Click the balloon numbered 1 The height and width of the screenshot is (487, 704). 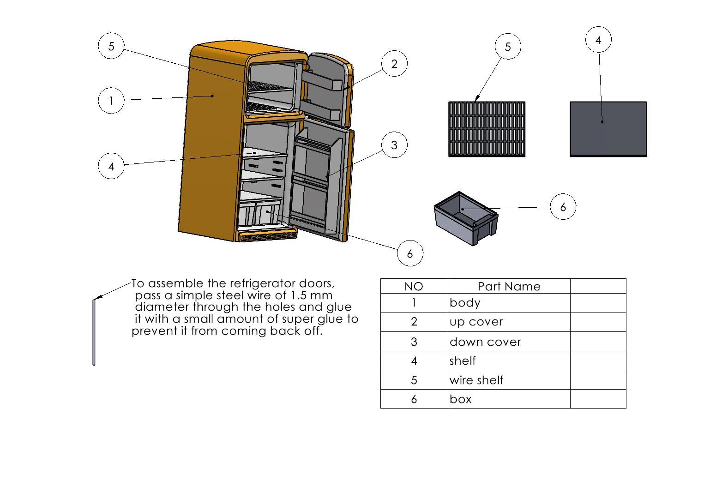tap(111, 101)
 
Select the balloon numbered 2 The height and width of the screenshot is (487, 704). tap(394, 64)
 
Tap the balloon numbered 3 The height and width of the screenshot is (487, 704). tap(394, 145)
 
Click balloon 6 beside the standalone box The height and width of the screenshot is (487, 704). tap(563, 207)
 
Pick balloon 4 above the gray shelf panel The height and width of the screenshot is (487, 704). tap(598, 40)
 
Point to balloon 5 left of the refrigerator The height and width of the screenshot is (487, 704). tap(111, 46)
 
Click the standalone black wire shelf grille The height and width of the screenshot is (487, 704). tap(487, 129)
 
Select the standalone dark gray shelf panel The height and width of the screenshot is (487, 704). tap(608, 129)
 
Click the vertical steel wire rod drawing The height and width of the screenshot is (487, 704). tap(94, 332)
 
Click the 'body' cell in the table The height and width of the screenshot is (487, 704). tap(509, 303)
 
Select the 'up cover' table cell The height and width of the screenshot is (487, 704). tap(509, 322)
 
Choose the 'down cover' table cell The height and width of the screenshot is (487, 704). tap(509, 342)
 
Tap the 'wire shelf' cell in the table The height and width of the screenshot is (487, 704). tap(509, 380)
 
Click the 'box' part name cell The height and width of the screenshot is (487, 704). tap(509, 399)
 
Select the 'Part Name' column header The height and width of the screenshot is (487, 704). tap(509, 286)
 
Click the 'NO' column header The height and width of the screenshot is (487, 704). tap(414, 286)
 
